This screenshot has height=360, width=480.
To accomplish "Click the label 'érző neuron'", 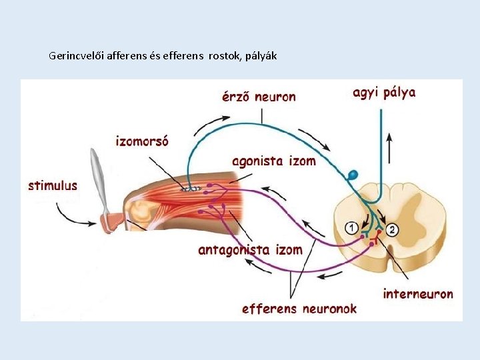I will (259, 97).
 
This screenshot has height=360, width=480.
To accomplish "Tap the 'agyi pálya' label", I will (384, 93).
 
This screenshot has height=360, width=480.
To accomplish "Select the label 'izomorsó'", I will (142, 141).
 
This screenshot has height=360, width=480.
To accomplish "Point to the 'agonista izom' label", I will (274, 161).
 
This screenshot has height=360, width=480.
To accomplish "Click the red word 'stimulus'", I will (53, 186).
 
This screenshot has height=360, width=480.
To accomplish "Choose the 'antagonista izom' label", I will (250, 251).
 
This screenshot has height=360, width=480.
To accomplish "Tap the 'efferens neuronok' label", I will (299, 309).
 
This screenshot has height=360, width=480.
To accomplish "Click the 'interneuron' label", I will (418, 293).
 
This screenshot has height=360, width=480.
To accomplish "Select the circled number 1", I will (351, 229).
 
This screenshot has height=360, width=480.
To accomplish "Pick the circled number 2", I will (393, 229).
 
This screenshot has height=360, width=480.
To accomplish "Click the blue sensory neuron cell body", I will (353, 175).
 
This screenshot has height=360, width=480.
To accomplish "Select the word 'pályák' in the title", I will (263, 55).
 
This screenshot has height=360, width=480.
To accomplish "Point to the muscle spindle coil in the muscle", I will (191, 189).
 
